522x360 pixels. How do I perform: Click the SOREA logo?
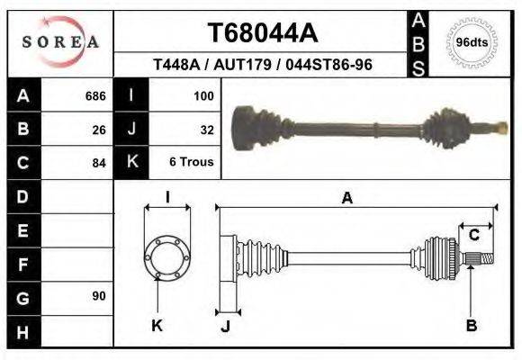click(x=60, y=42)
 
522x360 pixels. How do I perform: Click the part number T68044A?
click(x=262, y=33)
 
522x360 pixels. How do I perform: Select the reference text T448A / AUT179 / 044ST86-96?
click(x=262, y=66)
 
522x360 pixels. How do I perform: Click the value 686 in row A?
click(x=95, y=96)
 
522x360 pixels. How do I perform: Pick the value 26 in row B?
click(x=99, y=130)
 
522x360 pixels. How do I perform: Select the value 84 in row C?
click(x=99, y=163)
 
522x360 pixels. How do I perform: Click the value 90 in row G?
click(x=99, y=296)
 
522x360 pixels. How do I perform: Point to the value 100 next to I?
click(x=202, y=96)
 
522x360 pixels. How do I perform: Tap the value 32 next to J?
click(x=206, y=130)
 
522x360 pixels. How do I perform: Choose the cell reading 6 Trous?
click(x=191, y=163)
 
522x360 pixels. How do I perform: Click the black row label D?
click(x=23, y=196)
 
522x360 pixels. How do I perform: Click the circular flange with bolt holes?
click(x=167, y=257)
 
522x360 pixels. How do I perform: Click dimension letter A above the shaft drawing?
click(x=346, y=199)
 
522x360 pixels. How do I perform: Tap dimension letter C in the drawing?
click(x=473, y=236)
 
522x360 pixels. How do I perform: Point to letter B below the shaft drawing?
click(x=471, y=325)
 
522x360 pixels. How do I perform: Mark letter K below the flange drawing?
click(x=157, y=325)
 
